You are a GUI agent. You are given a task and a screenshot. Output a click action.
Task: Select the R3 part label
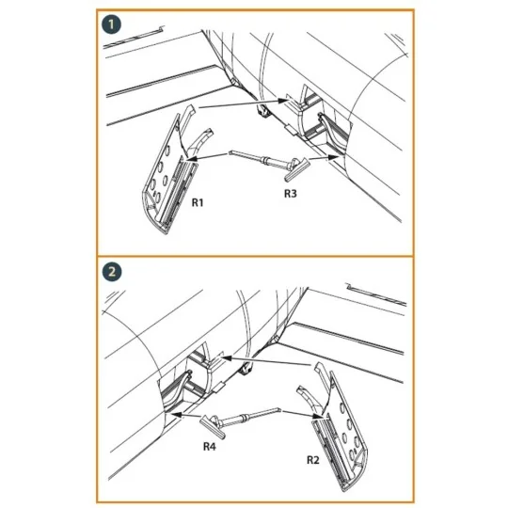tap(291, 194)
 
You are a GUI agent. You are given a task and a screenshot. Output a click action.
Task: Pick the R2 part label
tap(313, 460)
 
